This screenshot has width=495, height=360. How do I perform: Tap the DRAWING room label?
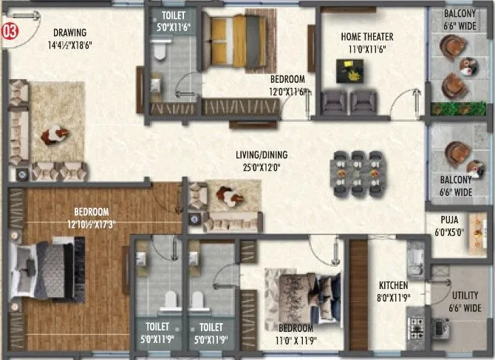(70, 33)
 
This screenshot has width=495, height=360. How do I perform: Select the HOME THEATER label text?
(366, 36)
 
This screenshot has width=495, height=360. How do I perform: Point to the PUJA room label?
(448, 220)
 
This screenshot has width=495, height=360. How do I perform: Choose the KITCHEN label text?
(394, 285)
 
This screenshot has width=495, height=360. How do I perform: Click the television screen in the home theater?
(345, 70)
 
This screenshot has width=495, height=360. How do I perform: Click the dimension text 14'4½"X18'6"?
(70, 44)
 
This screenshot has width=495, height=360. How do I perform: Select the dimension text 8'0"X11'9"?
(394, 297)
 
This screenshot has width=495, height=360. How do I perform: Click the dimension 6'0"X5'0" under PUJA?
(448, 231)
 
